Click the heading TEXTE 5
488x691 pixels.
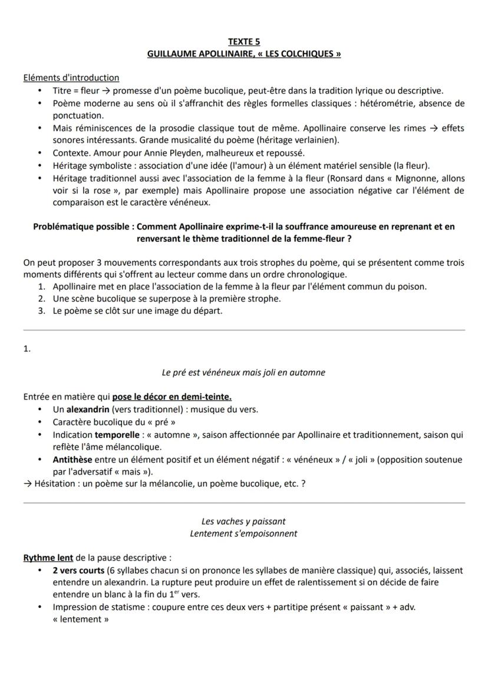[243, 42]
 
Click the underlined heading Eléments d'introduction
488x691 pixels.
[71, 78]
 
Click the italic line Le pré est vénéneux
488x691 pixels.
[243, 373]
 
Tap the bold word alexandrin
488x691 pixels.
[87, 410]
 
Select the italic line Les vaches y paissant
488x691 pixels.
[243, 521]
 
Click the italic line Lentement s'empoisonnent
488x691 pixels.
[243, 533]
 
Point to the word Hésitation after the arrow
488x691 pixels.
[58, 484]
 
